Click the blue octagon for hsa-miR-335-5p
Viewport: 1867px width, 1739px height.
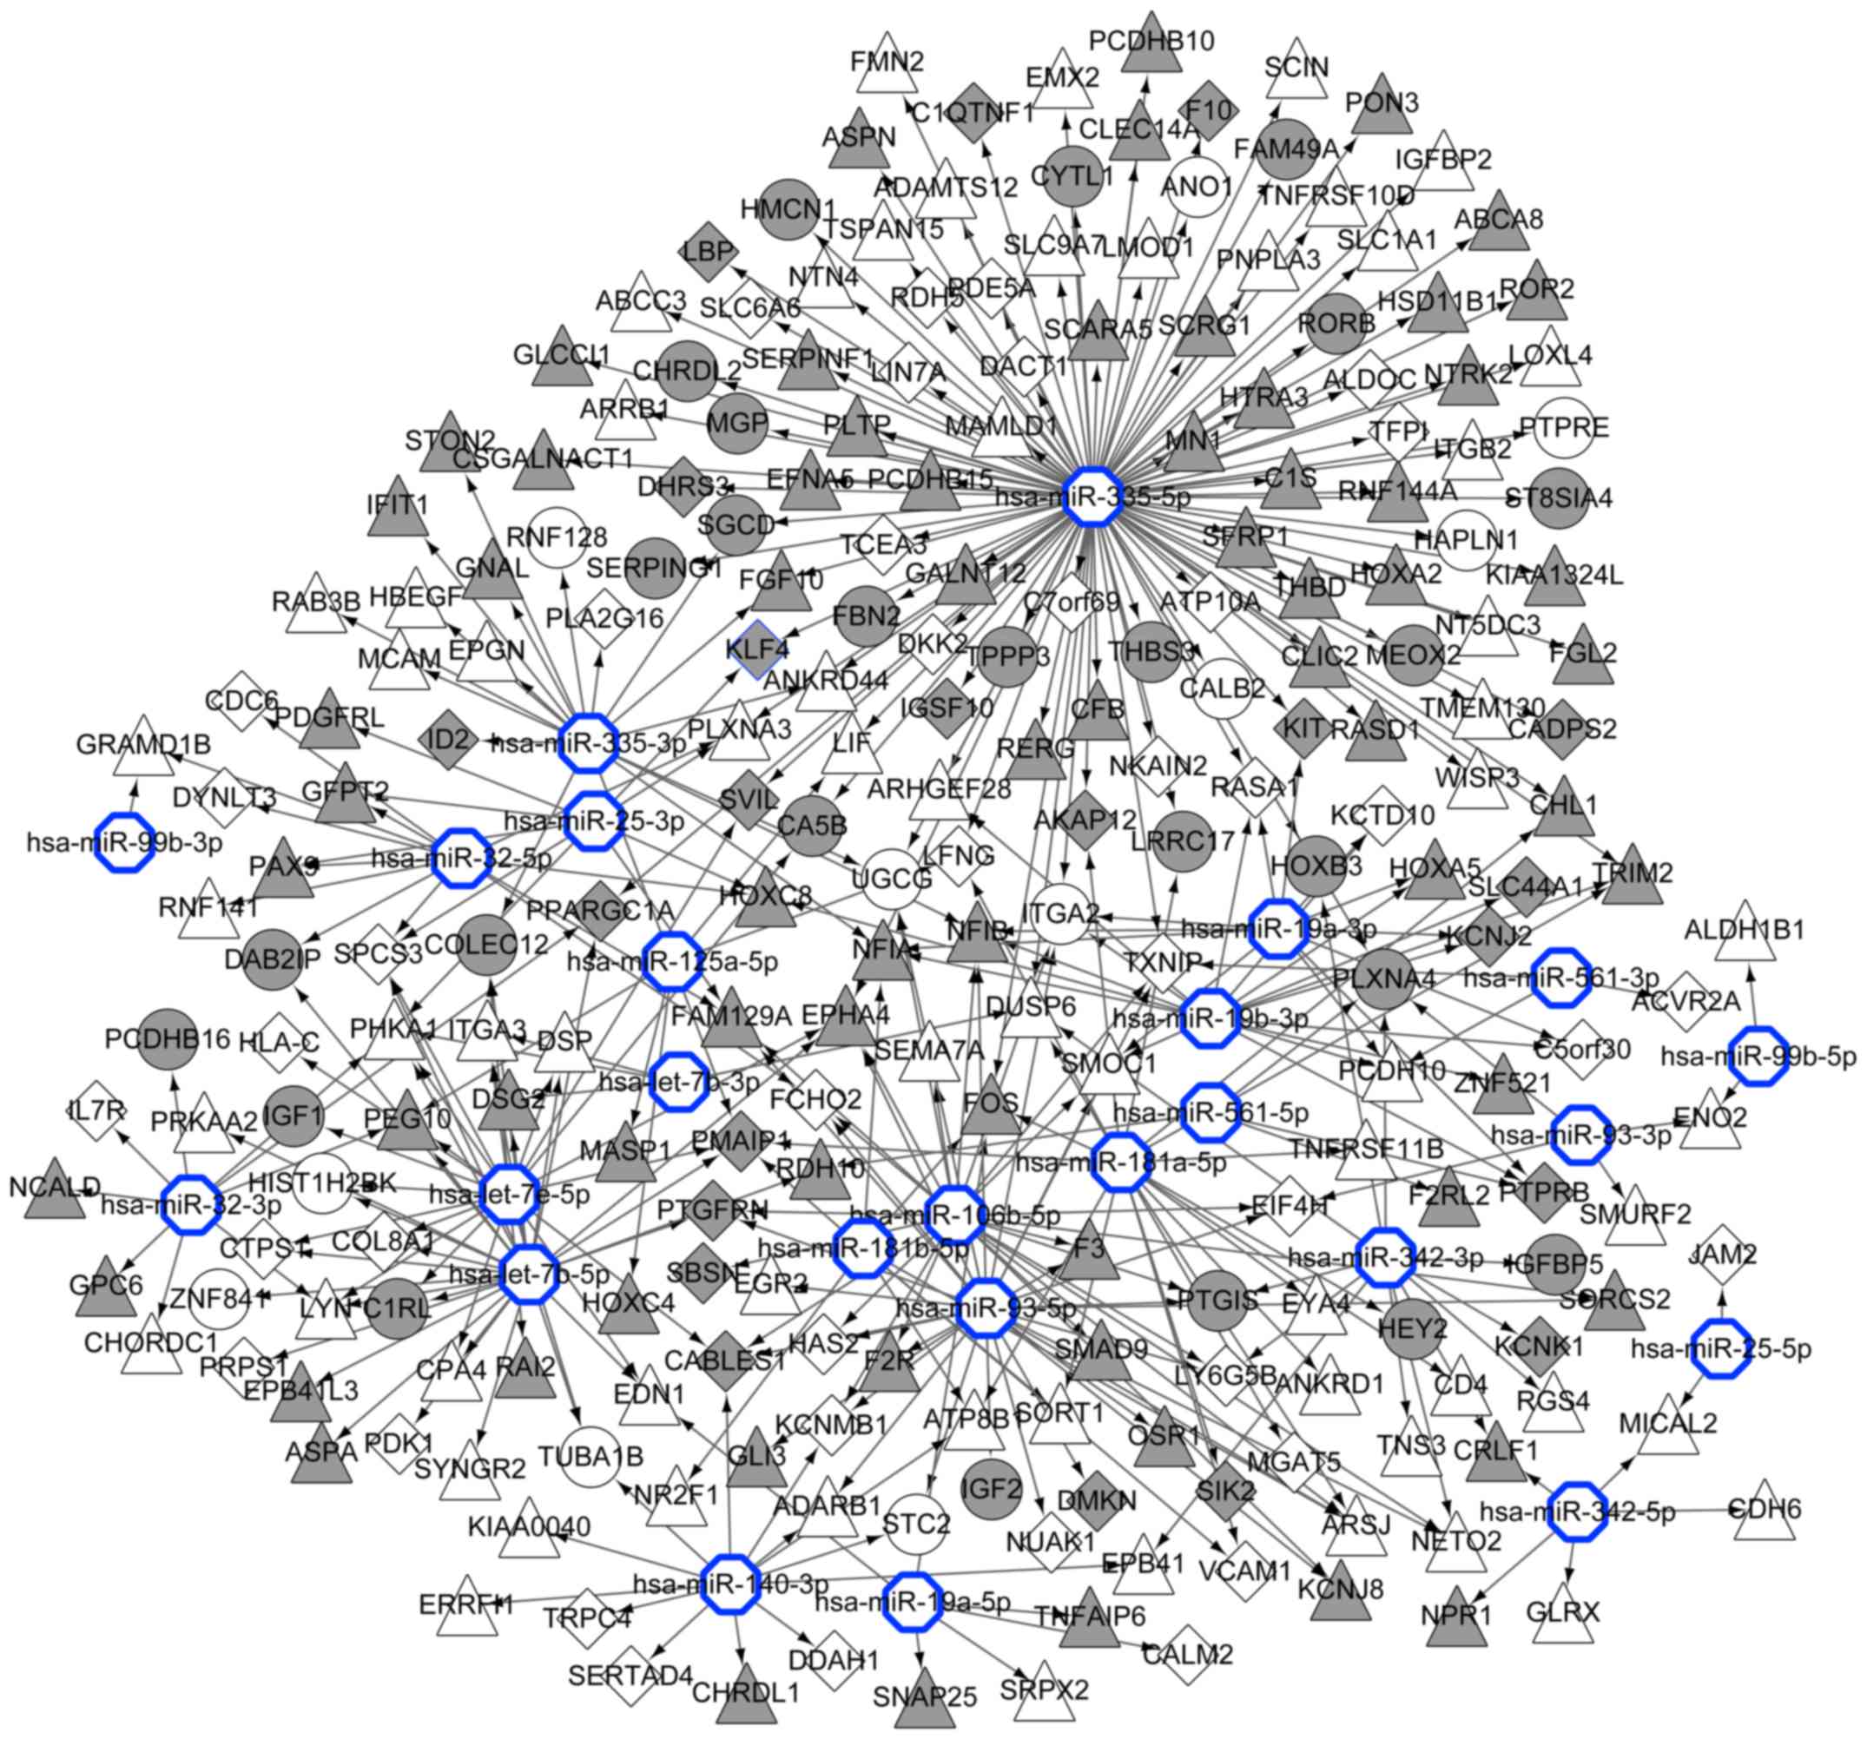point(1092,494)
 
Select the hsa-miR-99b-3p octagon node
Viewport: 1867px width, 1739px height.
point(125,841)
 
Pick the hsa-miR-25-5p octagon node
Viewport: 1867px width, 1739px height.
point(1721,1348)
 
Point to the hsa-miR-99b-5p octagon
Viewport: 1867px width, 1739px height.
point(1757,1056)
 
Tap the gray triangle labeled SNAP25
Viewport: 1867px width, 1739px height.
point(925,1695)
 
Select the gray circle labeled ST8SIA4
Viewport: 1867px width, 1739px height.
point(1564,497)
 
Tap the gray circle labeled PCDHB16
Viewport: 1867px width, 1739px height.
point(168,1038)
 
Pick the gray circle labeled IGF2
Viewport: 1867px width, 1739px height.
point(992,1487)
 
